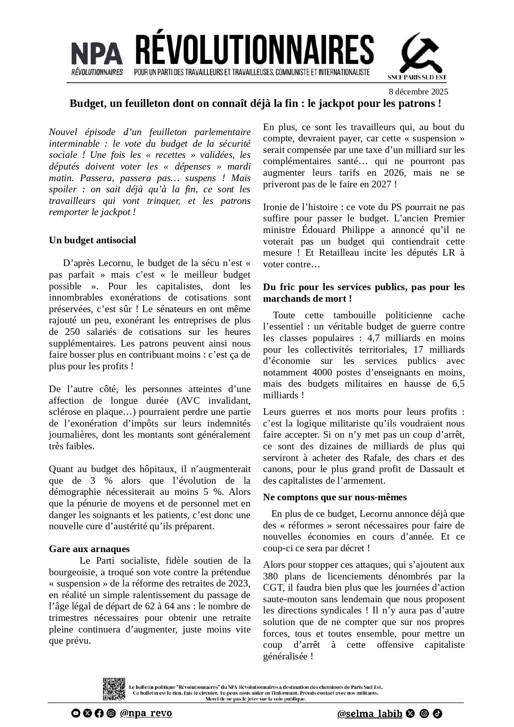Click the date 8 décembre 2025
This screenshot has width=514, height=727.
[418, 92]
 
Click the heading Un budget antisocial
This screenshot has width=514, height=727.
[92, 240]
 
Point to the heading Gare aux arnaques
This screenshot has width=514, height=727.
[89, 549]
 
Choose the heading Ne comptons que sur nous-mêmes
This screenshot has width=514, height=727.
[335, 497]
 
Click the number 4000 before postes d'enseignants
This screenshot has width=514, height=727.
[323, 373]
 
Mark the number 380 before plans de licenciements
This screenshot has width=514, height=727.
[271, 576]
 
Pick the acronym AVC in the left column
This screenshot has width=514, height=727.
[191, 401]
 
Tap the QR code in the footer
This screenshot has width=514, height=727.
[114, 689]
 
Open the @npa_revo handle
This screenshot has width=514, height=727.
[146, 713]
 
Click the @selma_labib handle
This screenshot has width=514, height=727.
[369, 713]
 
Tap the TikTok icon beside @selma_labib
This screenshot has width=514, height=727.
[438, 713]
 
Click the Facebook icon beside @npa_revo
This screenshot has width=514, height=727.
[99, 713]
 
